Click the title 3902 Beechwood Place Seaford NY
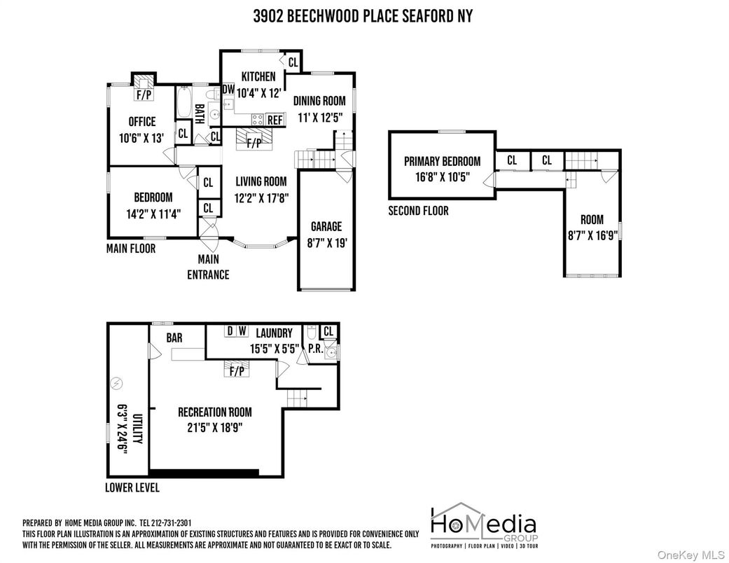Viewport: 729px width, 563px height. [363, 16]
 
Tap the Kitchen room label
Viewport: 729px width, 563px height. [258, 76]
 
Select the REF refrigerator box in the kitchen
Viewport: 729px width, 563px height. [275, 120]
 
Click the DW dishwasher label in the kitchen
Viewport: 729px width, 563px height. [228, 90]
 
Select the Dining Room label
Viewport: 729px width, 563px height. [319, 101]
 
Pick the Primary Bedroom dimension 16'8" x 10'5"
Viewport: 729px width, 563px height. [442, 178]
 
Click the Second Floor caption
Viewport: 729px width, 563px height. [418, 211]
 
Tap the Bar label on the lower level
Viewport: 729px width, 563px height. [174, 338]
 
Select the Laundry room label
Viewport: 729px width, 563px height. [274, 333]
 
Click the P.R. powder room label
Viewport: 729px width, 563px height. [314, 348]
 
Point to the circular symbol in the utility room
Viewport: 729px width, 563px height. [116, 383]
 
